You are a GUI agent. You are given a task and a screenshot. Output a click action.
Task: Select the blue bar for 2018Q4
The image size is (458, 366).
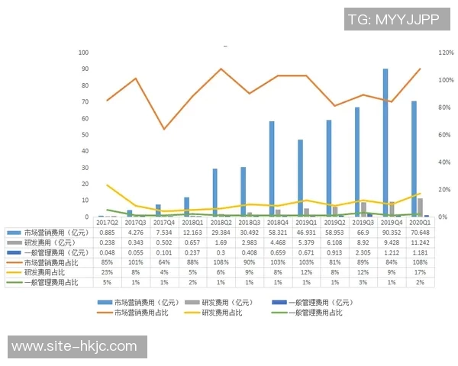(272, 169)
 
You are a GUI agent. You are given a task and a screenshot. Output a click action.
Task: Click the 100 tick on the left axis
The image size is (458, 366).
(83, 53)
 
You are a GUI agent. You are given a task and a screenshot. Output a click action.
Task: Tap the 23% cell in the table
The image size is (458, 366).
(107, 271)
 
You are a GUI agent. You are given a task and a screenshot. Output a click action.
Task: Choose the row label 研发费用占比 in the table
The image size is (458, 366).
(47, 271)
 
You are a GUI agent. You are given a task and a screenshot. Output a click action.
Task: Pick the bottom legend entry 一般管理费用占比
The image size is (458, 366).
(314, 313)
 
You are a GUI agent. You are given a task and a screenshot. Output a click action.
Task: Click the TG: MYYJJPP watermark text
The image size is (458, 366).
(393, 20)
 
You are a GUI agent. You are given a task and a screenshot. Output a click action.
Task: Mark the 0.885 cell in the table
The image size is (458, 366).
(107, 232)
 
